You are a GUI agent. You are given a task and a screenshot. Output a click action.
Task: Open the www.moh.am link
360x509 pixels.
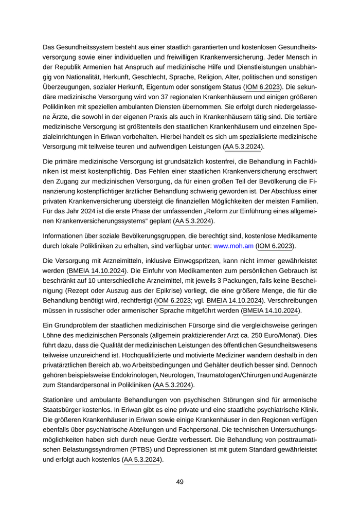pyautogui.click(x=233, y=246)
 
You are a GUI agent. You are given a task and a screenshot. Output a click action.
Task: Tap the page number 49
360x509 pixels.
pyautogui.click(x=180, y=482)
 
